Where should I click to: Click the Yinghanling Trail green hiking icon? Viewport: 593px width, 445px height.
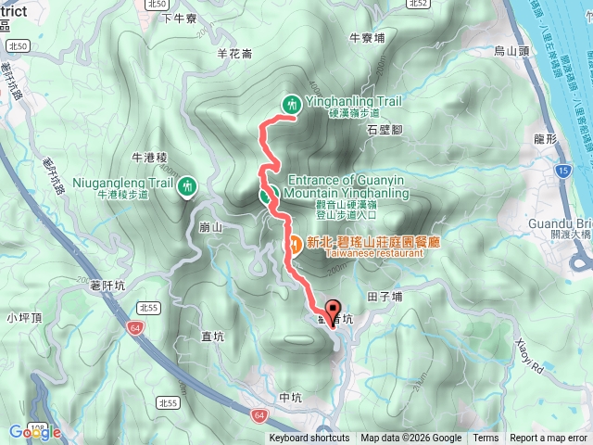tap(292, 105)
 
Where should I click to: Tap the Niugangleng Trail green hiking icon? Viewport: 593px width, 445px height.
tap(189, 187)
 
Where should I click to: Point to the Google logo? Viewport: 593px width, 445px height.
tap(34, 432)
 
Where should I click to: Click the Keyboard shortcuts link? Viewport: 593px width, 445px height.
tap(309, 439)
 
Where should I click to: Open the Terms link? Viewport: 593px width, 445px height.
tap(486, 439)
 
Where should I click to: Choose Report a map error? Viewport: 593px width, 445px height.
tap(549, 439)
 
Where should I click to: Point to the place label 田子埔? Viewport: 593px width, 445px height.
tap(385, 297)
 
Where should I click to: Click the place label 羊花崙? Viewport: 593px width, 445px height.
tap(235, 54)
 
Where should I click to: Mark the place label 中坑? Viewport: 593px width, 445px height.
tap(290, 398)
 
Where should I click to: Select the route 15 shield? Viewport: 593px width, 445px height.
tap(564, 172)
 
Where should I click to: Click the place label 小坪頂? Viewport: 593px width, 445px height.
tap(25, 318)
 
